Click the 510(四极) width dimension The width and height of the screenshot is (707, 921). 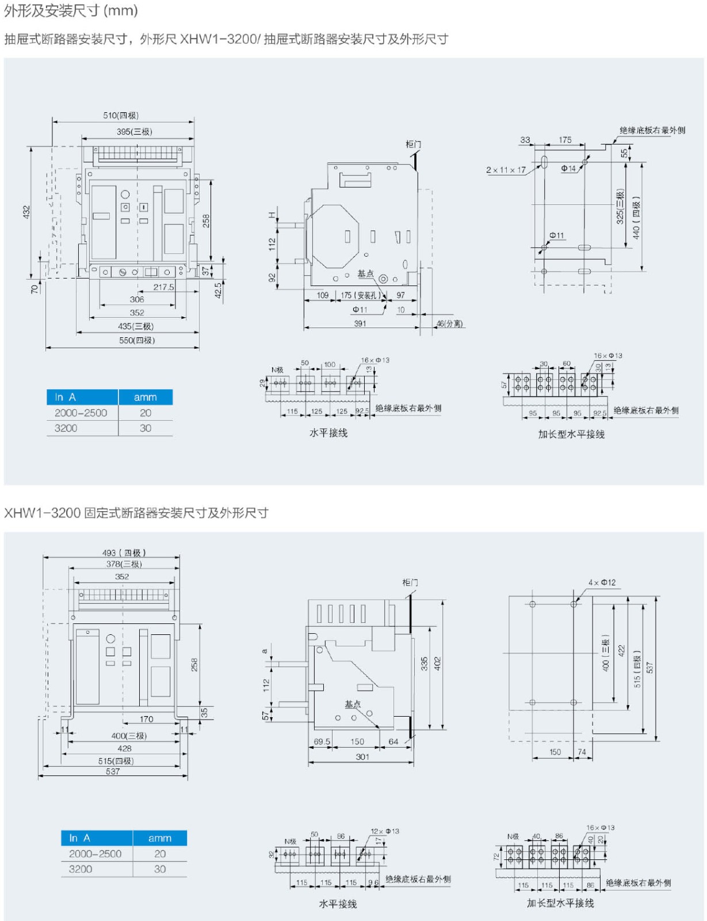pos(121,115)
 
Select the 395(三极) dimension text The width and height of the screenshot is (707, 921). pos(134,132)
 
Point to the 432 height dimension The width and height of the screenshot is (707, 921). pos(26,212)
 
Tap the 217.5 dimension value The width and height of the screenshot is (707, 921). pos(163,287)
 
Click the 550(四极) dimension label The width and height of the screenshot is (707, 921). pos(137,340)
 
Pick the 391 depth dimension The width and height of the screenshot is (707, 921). pos(360,324)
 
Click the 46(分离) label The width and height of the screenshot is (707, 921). pos(449,324)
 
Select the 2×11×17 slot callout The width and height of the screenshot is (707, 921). pos(506,170)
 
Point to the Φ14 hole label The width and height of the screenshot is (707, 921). pos(568,169)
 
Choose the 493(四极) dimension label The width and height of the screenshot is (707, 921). pos(124,553)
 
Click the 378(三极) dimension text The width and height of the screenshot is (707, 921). pos(124,564)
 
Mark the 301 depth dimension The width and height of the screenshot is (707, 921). pos(362,757)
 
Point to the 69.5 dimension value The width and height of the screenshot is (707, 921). pos(322,741)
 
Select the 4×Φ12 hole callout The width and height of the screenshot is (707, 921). pos(602,583)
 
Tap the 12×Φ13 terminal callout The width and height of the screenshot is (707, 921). pos(385,831)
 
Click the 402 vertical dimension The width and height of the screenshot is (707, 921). pos(438,664)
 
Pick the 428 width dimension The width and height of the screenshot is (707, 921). pos(124,748)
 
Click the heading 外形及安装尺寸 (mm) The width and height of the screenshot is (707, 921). pos(71,11)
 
